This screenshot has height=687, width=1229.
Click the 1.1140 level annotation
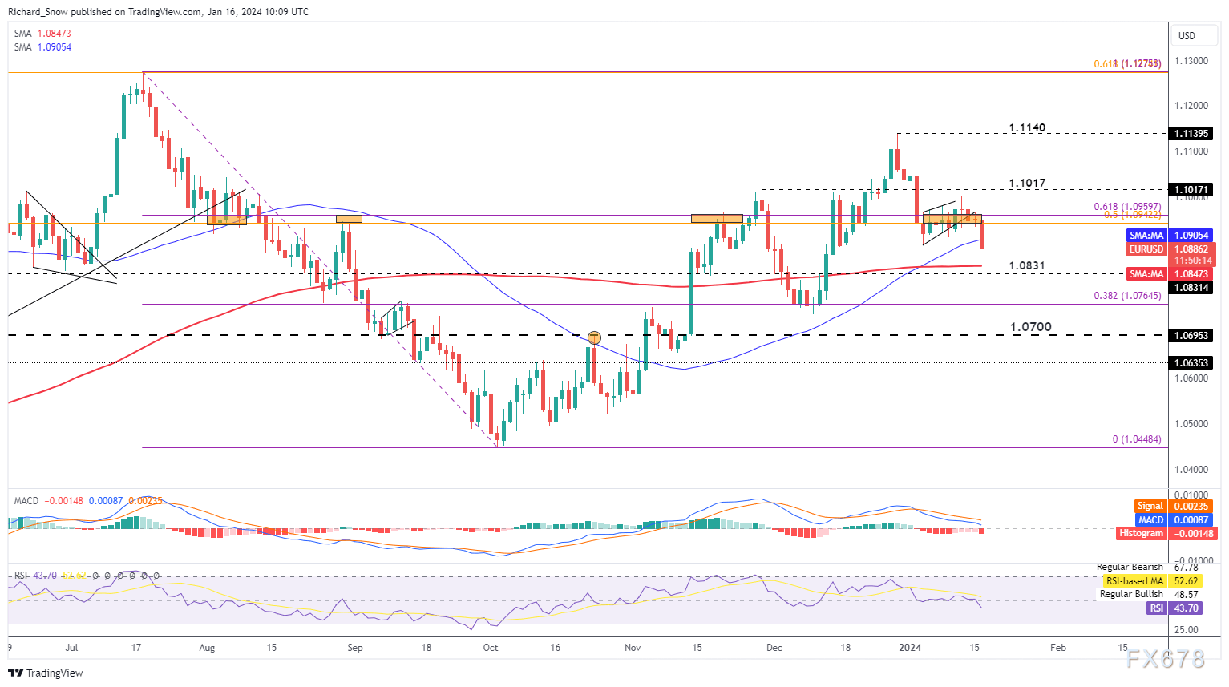click(x=1027, y=128)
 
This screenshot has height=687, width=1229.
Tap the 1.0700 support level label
click(x=1030, y=327)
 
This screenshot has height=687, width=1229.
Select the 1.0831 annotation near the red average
click(x=1026, y=265)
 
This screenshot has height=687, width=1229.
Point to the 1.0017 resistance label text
click(x=1027, y=184)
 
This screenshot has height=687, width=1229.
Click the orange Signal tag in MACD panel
click(x=1150, y=506)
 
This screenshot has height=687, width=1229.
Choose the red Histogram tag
click(x=1141, y=533)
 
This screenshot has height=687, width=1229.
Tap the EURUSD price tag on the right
click(x=1146, y=249)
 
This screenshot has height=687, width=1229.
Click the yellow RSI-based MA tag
click(x=1134, y=580)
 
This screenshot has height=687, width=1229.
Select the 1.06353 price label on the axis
click(x=1191, y=363)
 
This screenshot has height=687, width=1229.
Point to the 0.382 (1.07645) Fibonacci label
click(x=1127, y=297)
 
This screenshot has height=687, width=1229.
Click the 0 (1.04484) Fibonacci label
click(x=1136, y=439)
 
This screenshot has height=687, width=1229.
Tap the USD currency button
click(x=1187, y=35)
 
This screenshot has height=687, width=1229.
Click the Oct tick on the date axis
click(x=491, y=648)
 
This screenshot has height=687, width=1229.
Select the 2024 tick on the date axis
click(x=909, y=648)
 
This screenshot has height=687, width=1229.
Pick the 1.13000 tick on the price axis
click(x=1191, y=61)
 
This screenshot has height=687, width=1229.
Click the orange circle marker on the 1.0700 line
click(x=594, y=337)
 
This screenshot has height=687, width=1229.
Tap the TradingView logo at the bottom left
click(x=46, y=673)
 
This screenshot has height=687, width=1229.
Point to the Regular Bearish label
click(x=1130, y=567)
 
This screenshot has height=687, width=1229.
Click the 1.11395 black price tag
click(x=1191, y=134)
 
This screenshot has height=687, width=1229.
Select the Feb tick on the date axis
click(x=1058, y=648)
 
